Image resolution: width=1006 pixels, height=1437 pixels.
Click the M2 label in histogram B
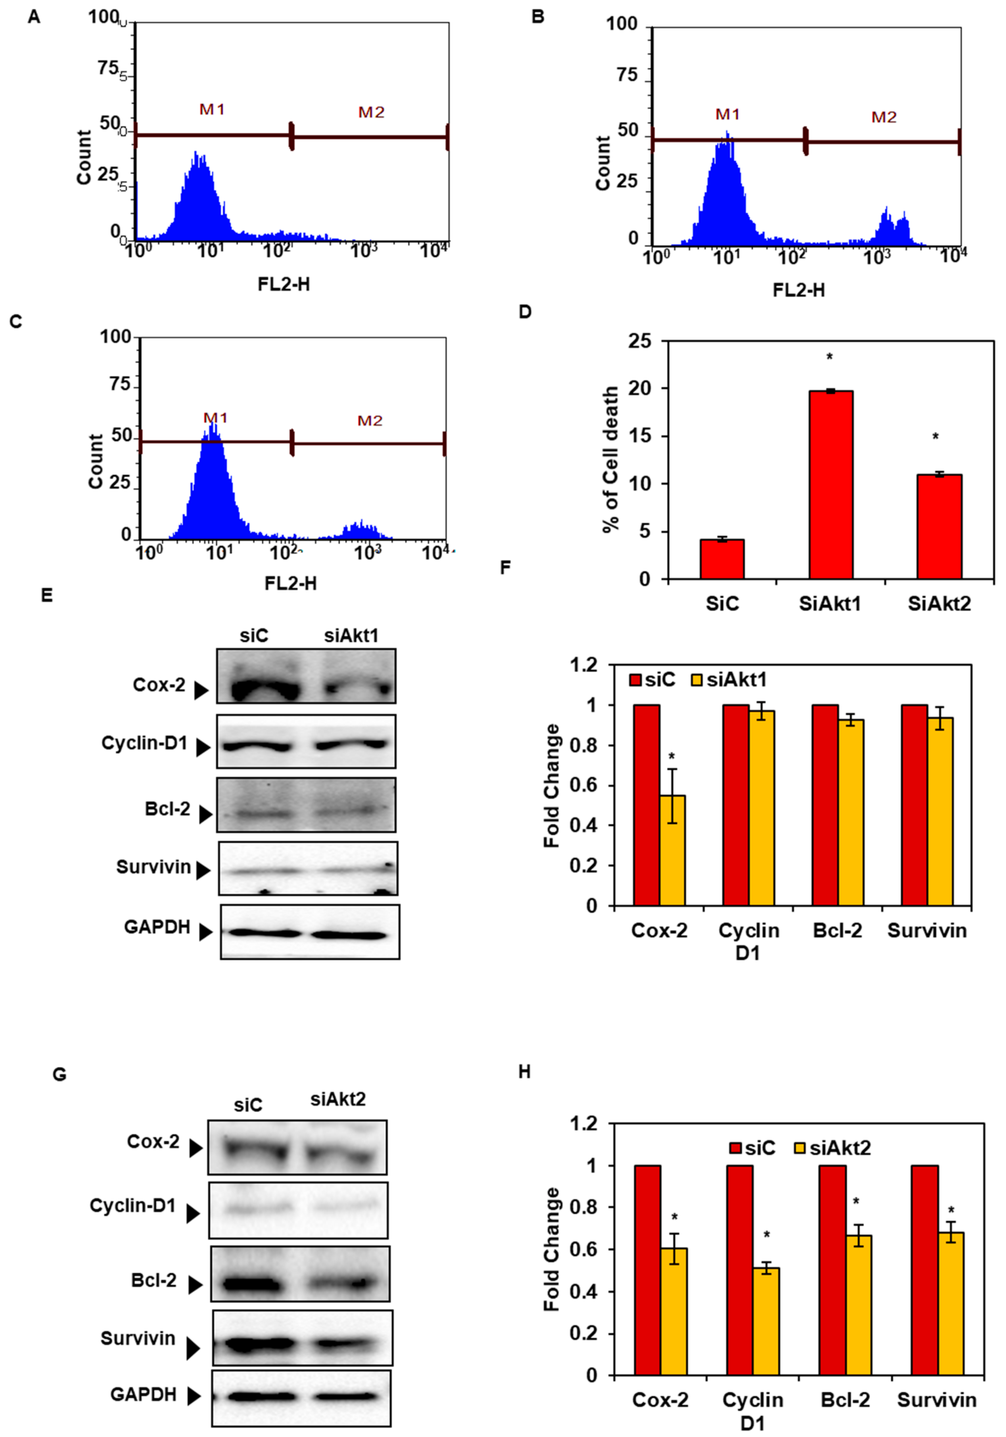coord(884,117)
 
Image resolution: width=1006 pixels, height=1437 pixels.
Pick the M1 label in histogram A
coord(212,110)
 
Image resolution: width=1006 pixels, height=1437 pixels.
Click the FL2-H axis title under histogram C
coord(290,583)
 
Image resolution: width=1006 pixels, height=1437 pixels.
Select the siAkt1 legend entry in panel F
coord(729,680)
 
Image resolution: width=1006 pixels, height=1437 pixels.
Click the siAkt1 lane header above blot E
coord(352,636)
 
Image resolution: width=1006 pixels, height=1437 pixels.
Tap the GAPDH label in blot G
coord(143,1394)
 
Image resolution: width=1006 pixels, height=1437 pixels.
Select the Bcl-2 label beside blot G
coord(154,1280)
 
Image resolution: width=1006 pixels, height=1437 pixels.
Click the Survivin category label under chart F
coord(927,931)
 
